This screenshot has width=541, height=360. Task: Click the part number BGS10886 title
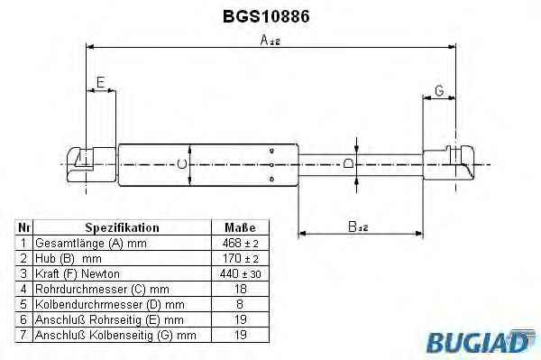(266, 16)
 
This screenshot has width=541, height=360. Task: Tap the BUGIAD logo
(481, 341)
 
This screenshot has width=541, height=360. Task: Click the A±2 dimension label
(270, 40)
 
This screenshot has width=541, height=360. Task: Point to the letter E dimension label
(100, 82)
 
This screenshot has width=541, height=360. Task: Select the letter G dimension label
(439, 91)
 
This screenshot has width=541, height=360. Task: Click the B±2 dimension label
(358, 226)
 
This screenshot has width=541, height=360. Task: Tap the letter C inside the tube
(182, 164)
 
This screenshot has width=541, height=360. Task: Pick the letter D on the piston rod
(349, 163)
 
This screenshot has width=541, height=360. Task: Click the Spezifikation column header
(122, 227)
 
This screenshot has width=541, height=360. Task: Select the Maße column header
(240, 227)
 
